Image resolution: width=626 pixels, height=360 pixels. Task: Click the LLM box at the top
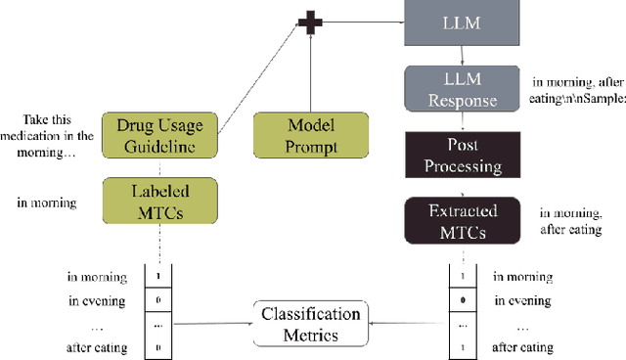(459, 22)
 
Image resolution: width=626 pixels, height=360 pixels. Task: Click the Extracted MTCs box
(460, 220)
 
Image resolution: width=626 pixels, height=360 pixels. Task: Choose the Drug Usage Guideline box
(163, 135)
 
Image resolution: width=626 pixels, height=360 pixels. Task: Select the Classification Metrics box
(310, 325)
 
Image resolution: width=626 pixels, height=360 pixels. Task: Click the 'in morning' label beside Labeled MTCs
(48, 203)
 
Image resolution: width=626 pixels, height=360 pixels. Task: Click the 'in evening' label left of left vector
(96, 299)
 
